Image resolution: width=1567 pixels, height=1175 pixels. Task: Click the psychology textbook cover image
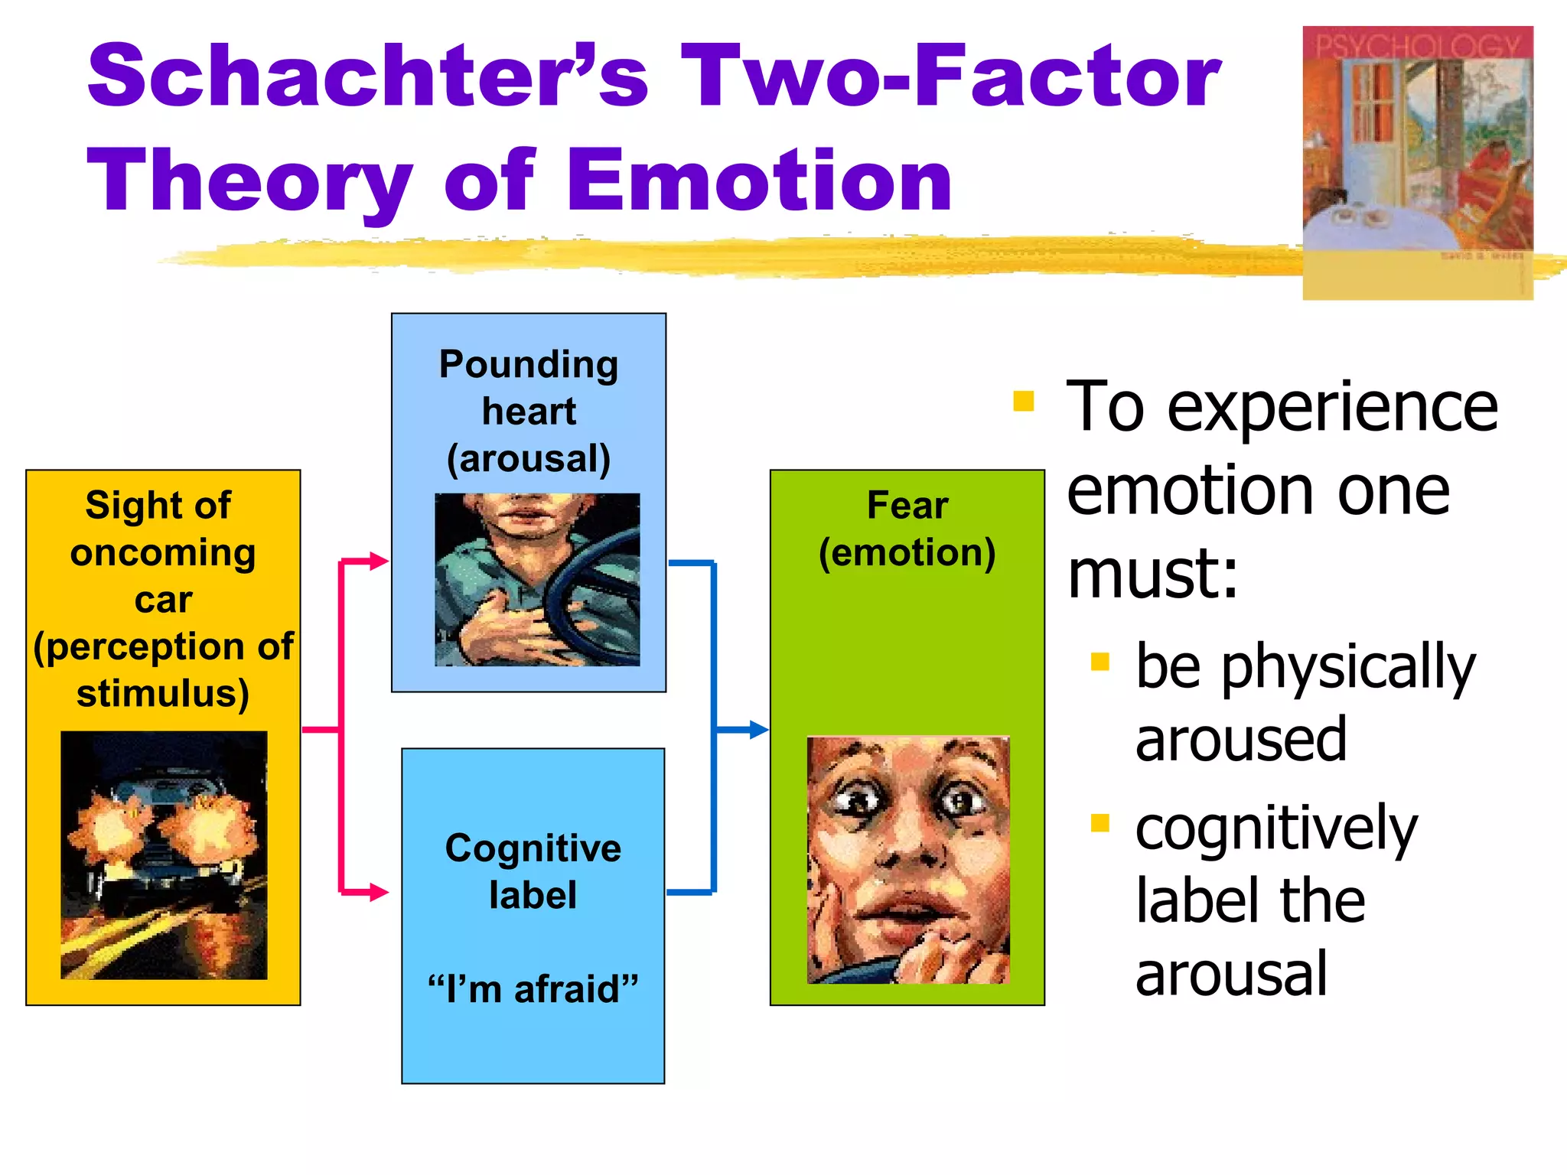click(x=1417, y=162)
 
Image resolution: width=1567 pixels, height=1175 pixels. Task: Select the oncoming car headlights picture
click(x=164, y=854)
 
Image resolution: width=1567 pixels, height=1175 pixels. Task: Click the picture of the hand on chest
click(x=537, y=579)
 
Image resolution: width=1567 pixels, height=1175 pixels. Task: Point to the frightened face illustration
click(x=908, y=859)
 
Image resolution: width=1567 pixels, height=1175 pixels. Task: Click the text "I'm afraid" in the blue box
click(x=533, y=988)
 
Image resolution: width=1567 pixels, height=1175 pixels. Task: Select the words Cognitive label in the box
click(x=533, y=871)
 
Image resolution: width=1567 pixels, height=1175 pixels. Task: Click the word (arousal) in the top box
click(x=529, y=459)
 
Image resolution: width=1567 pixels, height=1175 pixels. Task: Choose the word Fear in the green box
click(x=907, y=506)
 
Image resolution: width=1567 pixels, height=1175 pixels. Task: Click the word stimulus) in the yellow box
click(x=163, y=694)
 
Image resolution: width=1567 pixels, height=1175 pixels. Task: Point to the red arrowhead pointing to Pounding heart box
click(x=379, y=561)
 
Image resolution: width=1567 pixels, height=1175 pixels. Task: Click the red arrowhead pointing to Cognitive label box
click(x=379, y=892)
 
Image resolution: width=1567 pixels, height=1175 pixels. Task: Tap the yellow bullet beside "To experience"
click(x=1023, y=401)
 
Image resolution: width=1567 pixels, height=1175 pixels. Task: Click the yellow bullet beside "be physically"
click(x=1100, y=661)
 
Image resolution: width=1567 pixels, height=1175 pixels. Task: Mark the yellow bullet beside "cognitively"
click(x=1100, y=823)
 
